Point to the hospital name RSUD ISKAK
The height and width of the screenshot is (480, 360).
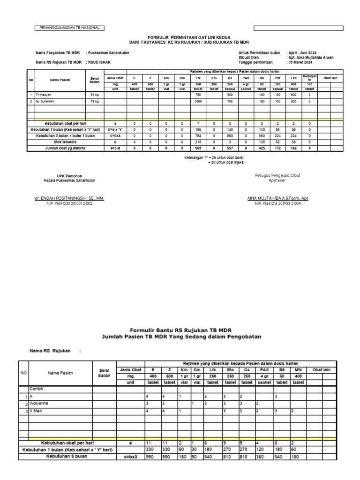100,62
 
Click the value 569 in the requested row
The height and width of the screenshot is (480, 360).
198,148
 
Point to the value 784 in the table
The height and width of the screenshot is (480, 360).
198,135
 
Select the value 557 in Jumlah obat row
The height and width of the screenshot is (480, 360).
230,148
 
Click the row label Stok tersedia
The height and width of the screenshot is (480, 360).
66,142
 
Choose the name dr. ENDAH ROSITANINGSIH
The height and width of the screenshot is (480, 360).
69,199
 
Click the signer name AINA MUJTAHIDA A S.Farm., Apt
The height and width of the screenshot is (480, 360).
277,199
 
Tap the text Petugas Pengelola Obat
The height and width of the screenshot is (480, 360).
277,175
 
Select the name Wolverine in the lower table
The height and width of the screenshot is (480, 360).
39,403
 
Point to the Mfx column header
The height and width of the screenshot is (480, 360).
298,369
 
